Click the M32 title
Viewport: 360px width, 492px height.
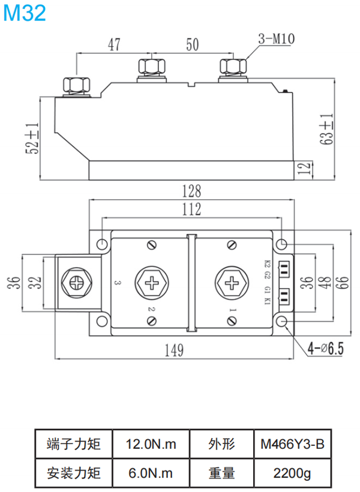tap(25, 13)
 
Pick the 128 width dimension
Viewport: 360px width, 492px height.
tap(191, 191)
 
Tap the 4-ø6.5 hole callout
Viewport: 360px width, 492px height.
tap(325, 349)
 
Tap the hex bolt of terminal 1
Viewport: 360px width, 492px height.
tap(232, 282)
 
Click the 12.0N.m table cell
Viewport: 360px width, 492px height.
tap(151, 445)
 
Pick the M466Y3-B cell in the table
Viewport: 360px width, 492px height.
tap(292, 445)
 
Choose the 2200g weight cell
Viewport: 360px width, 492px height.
tap(292, 473)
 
